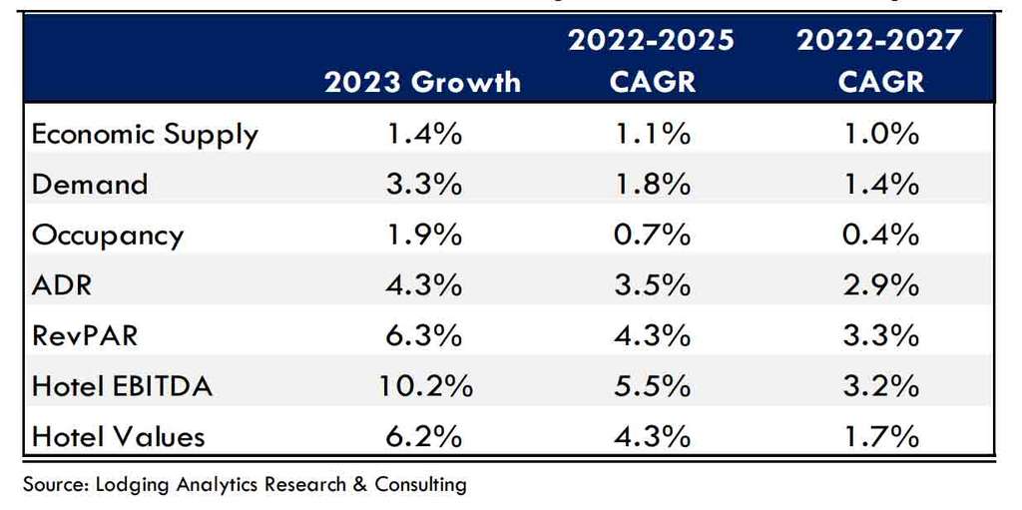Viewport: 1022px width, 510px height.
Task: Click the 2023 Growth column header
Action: [422, 81]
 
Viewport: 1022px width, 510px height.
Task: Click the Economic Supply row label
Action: [145, 134]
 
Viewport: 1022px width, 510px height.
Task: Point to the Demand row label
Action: [90, 184]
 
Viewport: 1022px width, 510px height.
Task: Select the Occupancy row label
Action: [108, 235]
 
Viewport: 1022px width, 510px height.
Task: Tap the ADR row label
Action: [62, 284]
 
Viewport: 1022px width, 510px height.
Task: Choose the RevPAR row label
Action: [85, 335]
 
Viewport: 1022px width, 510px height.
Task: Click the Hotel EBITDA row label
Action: [122, 385]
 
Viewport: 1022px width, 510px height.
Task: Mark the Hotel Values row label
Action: [118, 436]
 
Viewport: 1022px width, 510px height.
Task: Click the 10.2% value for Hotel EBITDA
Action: [422, 385]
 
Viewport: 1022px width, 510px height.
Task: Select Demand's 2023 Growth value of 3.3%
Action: [422, 184]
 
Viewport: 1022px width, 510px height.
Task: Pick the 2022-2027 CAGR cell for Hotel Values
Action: [879, 436]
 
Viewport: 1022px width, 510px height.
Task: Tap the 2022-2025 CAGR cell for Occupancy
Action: [651, 235]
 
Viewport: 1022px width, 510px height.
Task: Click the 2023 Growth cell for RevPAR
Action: [422, 335]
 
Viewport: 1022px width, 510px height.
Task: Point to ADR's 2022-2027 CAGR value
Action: [879, 284]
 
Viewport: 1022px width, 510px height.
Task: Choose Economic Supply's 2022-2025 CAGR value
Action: [651, 134]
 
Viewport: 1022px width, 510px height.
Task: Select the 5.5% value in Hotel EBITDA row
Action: [651, 385]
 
